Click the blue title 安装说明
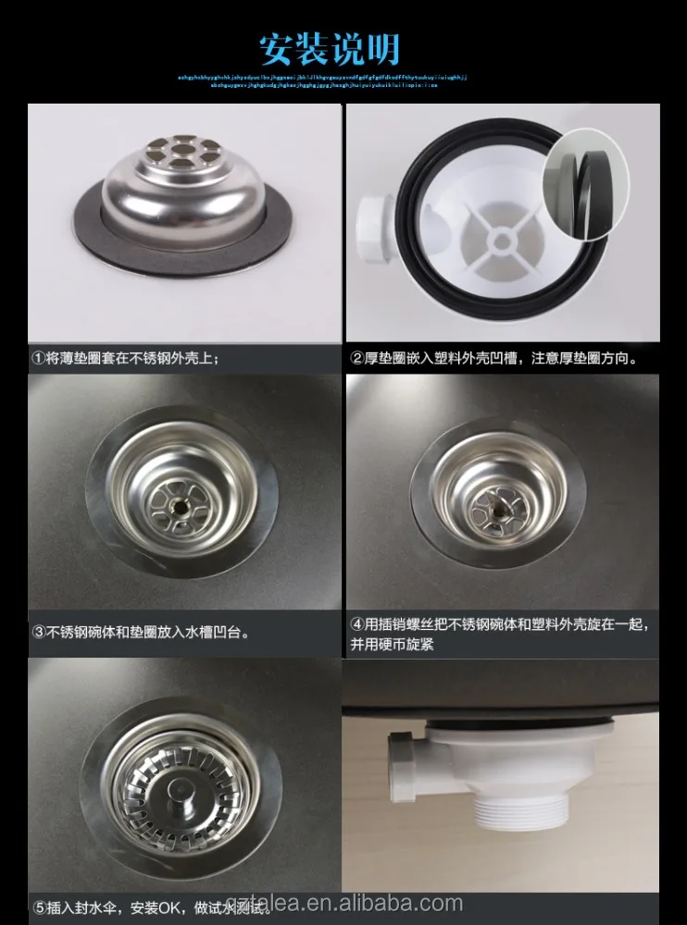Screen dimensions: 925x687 click(329, 47)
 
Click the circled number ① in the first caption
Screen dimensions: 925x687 click(39, 357)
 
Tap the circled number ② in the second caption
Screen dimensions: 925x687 click(356, 357)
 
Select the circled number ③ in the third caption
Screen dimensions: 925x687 click(39, 633)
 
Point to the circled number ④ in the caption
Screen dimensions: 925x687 click(356, 624)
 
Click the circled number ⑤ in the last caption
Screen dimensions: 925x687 click(39, 906)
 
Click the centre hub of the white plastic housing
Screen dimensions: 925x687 click(502, 240)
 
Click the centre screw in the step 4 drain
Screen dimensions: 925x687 click(497, 505)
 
